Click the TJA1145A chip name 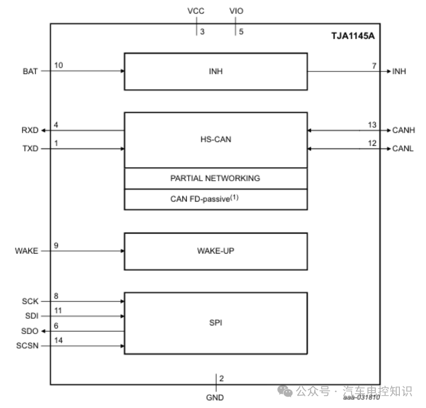click(353, 36)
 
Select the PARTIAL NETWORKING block click(216, 179)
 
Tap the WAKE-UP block click(216, 251)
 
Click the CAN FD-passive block click(216, 199)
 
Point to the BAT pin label click(30, 71)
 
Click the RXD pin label click(30, 130)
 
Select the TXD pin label click(30, 148)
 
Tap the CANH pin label click(403, 130)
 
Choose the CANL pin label click(402, 148)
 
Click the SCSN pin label click(27, 346)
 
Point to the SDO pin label click(30, 331)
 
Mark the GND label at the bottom click(215, 398)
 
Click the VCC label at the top click(196, 11)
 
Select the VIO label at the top click(236, 11)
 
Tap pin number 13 click(372, 125)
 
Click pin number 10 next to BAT click(58, 65)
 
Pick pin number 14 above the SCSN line click(58, 340)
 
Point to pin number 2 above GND click(221, 378)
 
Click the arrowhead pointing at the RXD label click(43, 130)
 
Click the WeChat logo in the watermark click(285, 391)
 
